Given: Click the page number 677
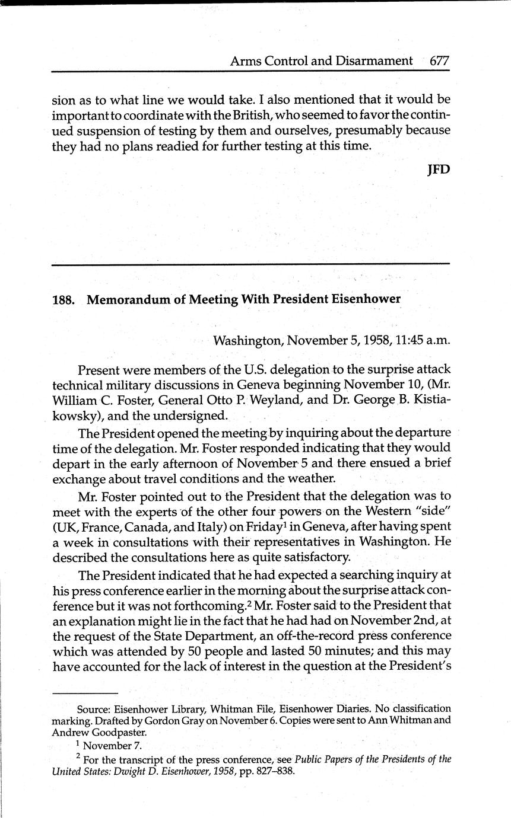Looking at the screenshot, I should click(x=439, y=60).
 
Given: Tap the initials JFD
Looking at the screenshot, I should click(x=439, y=170).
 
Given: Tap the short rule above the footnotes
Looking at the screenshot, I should click(x=85, y=693).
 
